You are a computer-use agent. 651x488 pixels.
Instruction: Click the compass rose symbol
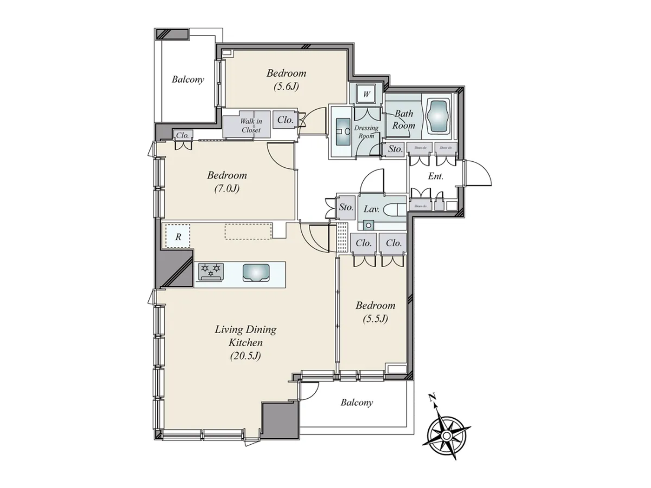pyautogui.click(x=447, y=435)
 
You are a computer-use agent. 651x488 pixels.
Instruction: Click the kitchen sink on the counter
pyautogui.click(x=255, y=272)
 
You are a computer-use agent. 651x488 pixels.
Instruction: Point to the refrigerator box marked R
pyautogui.click(x=178, y=237)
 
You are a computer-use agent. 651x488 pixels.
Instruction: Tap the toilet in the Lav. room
pyautogui.click(x=395, y=209)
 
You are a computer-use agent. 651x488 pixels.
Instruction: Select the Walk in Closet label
pyautogui.click(x=251, y=125)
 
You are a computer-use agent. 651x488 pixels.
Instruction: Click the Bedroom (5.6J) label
pyautogui.click(x=286, y=79)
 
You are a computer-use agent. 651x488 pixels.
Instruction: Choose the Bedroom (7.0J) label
pyautogui.click(x=227, y=182)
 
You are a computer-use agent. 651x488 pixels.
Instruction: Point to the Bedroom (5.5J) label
pyautogui.click(x=375, y=312)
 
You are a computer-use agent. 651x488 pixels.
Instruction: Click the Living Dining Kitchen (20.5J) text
pyautogui.click(x=246, y=343)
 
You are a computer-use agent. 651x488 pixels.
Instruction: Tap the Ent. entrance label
pyautogui.click(x=435, y=176)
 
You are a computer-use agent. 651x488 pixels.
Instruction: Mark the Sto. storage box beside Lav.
pyautogui.click(x=346, y=207)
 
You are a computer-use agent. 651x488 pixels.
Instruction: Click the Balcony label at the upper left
pyautogui.click(x=188, y=79)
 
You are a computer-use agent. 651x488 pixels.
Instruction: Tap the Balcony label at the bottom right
pyautogui.click(x=357, y=402)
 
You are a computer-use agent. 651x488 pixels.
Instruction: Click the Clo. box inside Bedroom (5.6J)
pyautogui.click(x=285, y=120)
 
